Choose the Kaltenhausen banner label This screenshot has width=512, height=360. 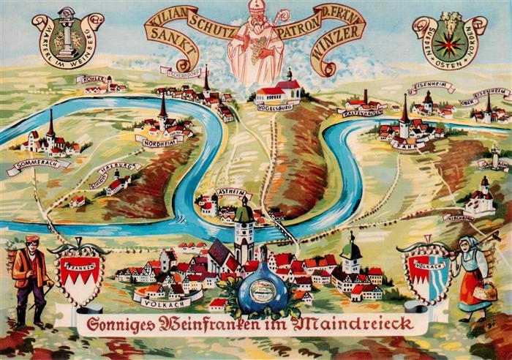point(361,112)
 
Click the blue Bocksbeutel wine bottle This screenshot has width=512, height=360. point(264,290)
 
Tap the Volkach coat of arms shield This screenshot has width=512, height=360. point(426,274)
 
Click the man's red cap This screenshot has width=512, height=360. point(31,239)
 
